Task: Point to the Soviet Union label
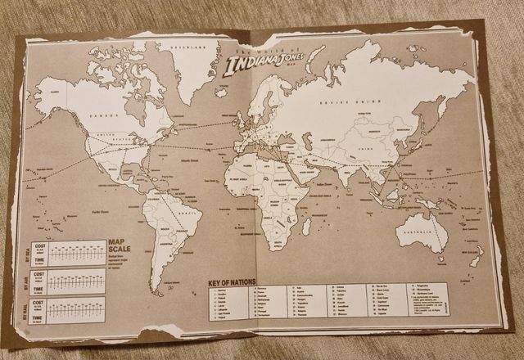tap(344, 104)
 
